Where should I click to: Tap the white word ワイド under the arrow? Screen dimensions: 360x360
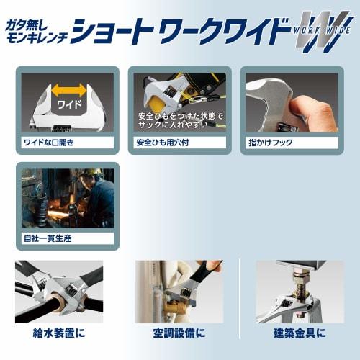68,105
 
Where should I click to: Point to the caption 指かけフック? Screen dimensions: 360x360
269,143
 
